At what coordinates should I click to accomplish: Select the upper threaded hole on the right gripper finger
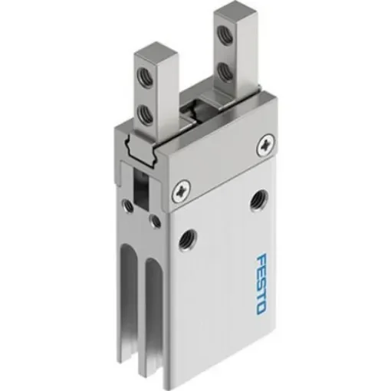pyautogui.click(x=225, y=34)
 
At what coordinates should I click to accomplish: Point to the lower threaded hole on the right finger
pyautogui.click(x=225, y=70)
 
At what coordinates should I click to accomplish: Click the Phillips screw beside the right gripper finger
pyautogui.click(x=265, y=141)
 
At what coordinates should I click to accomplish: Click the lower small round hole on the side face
pyautogui.click(x=156, y=222)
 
